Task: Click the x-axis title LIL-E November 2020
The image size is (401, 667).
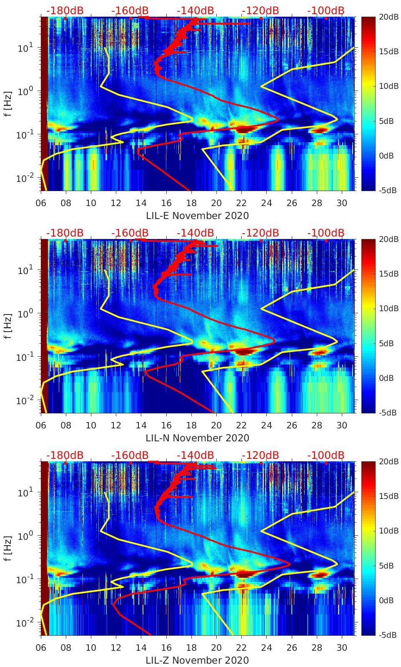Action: (197, 216)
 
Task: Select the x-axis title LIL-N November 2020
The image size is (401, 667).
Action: (197, 438)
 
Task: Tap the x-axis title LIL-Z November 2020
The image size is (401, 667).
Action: (197, 660)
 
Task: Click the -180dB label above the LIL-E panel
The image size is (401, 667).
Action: (65, 10)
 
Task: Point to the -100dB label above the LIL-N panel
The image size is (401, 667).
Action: (326, 233)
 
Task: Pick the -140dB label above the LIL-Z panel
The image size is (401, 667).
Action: (195, 455)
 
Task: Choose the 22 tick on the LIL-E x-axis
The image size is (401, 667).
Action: (241, 203)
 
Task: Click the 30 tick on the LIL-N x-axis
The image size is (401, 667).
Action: (342, 425)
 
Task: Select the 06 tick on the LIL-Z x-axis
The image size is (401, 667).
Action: (41, 648)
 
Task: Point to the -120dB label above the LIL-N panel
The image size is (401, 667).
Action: (260, 233)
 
